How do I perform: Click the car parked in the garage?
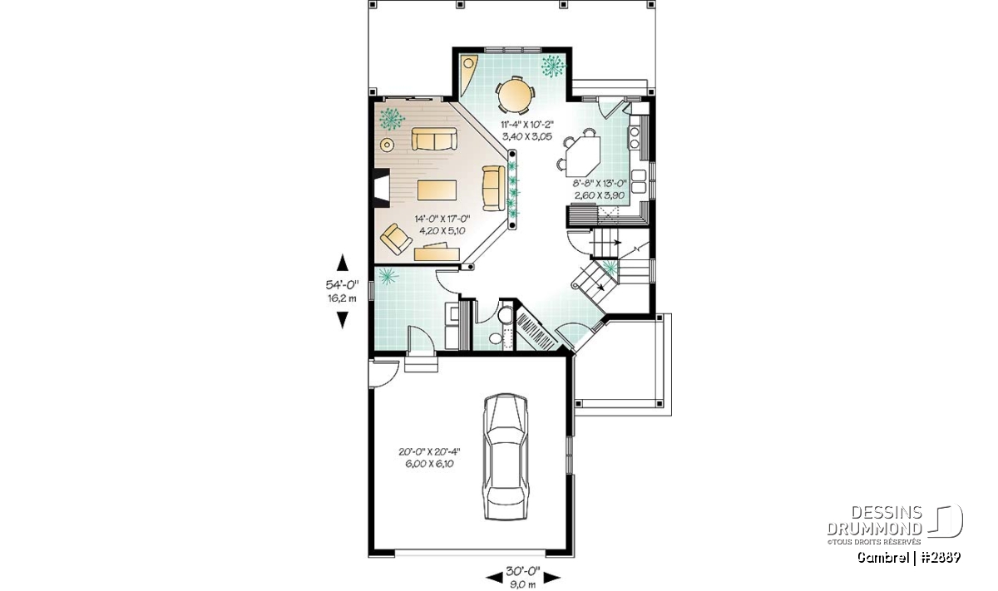click(x=506, y=456)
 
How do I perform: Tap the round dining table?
click(x=515, y=95)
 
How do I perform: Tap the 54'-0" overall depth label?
click(x=342, y=284)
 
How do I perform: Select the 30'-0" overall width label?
click(x=523, y=570)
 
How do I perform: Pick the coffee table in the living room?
click(x=437, y=190)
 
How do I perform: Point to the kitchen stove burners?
click(x=634, y=138)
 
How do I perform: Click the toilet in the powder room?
click(x=506, y=315)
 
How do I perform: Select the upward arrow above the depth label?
click(x=342, y=263)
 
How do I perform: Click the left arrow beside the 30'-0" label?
click(x=494, y=579)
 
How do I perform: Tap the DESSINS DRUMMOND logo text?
click(x=875, y=520)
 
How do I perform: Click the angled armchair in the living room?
click(x=396, y=239)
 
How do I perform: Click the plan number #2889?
click(x=940, y=557)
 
